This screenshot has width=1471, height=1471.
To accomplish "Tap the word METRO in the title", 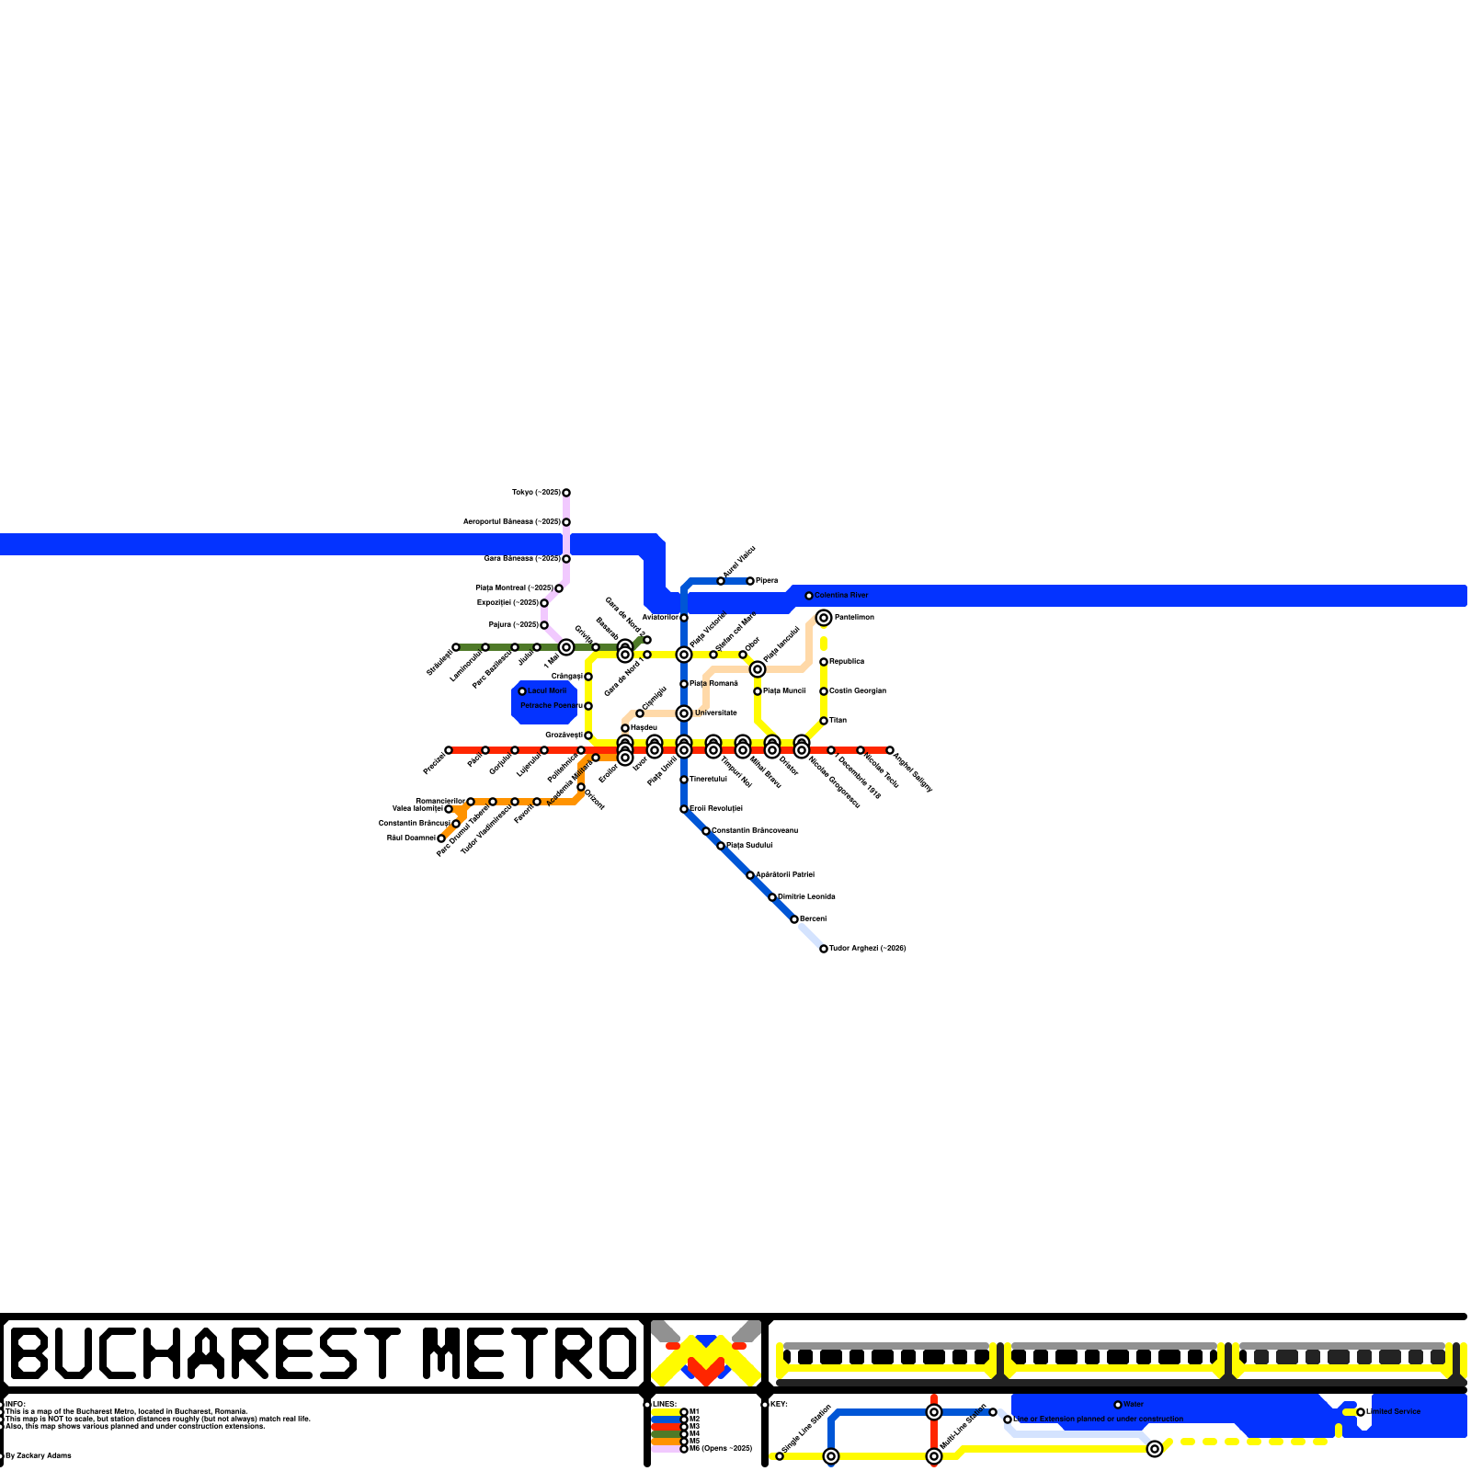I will point(530,1353).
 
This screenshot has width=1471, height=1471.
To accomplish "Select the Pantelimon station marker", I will point(824,618).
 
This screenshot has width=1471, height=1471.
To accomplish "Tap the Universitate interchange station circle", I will point(684,713).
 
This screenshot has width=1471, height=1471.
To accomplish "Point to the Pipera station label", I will point(767,581).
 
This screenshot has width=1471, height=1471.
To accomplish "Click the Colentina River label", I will point(841,596).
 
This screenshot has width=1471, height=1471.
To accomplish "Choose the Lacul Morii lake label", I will point(547,691).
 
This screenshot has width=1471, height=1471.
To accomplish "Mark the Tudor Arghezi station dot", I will point(824,949).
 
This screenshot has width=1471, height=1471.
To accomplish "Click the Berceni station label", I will point(813,919).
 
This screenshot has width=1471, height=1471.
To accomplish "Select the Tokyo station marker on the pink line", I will point(566,493).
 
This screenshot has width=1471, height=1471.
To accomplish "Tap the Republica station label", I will point(847,662).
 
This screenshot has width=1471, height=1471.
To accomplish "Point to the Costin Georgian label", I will point(858,691).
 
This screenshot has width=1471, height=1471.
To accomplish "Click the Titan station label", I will point(838,721).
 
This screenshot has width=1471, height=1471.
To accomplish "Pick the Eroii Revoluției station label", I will point(716,809).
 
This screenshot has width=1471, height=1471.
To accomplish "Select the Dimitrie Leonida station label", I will point(806,897).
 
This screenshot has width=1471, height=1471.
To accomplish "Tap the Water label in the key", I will point(1134,1405).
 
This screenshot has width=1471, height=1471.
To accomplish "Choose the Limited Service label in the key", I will point(1394,1412).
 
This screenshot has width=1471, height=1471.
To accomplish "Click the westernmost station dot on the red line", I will point(449,750).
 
